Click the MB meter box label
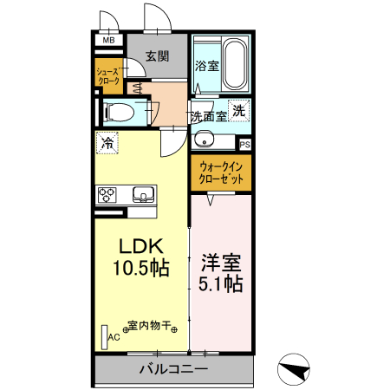(x=109, y=40)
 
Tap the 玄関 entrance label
(x=157, y=56)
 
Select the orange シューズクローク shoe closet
(x=109, y=75)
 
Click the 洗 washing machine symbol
(x=240, y=110)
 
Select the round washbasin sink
(x=203, y=136)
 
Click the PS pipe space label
(x=245, y=145)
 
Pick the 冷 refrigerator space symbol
(x=107, y=144)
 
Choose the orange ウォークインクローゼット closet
(x=221, y=171)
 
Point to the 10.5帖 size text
(x=139, y=268)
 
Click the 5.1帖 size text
(x=221, y=283)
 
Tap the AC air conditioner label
(x=113, y=340)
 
